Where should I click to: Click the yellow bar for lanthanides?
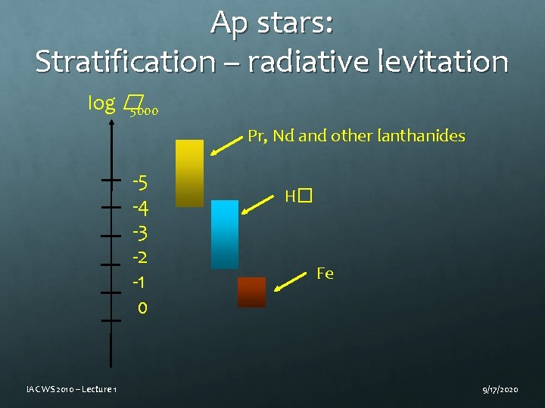(189, 173)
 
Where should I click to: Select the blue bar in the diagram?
(224, 234)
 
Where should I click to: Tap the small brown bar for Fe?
(251, 292)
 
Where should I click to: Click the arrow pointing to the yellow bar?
(227, 145)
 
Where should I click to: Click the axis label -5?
(140, 183)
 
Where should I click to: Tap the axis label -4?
(140, 207)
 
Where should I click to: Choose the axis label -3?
(140, 232)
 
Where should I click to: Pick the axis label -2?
(140, 257)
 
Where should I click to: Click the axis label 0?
(143, 308)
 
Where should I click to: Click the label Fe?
(325, 274)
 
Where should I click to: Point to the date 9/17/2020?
(500, 388)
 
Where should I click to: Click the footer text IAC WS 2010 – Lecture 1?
(70, 388)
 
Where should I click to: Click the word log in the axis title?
(101, 104)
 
